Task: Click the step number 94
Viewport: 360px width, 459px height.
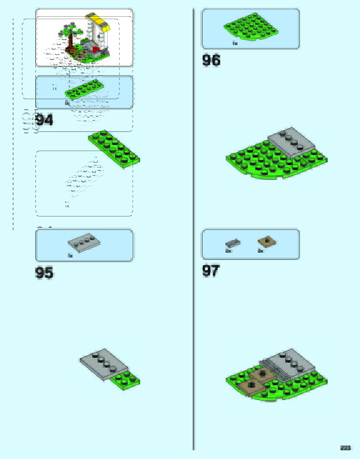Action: pos(44,120)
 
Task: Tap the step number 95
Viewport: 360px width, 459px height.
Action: pos(44,273)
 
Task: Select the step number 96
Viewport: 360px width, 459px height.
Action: pos(211,60)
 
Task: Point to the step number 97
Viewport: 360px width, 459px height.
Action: pos(211,271)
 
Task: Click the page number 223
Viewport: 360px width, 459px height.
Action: pos(345,448)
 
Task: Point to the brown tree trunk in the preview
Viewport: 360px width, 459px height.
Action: pos(71,41)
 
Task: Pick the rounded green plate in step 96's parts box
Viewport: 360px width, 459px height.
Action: pos(251,27)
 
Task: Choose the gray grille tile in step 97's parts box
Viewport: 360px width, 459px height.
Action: pos(233,243)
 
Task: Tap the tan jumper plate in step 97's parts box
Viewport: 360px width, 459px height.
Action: pos(267,242)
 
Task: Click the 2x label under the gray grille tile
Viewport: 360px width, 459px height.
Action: pos(228,251)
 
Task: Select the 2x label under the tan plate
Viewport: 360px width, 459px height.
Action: pos(261,251)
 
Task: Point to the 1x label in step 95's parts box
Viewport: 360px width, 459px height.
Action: pos(70,256)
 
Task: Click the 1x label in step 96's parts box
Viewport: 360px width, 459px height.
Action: pos(235,43)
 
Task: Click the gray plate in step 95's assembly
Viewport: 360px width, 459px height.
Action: pos(104,363)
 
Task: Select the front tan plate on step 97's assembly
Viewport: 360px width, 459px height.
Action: pos(251,387)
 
